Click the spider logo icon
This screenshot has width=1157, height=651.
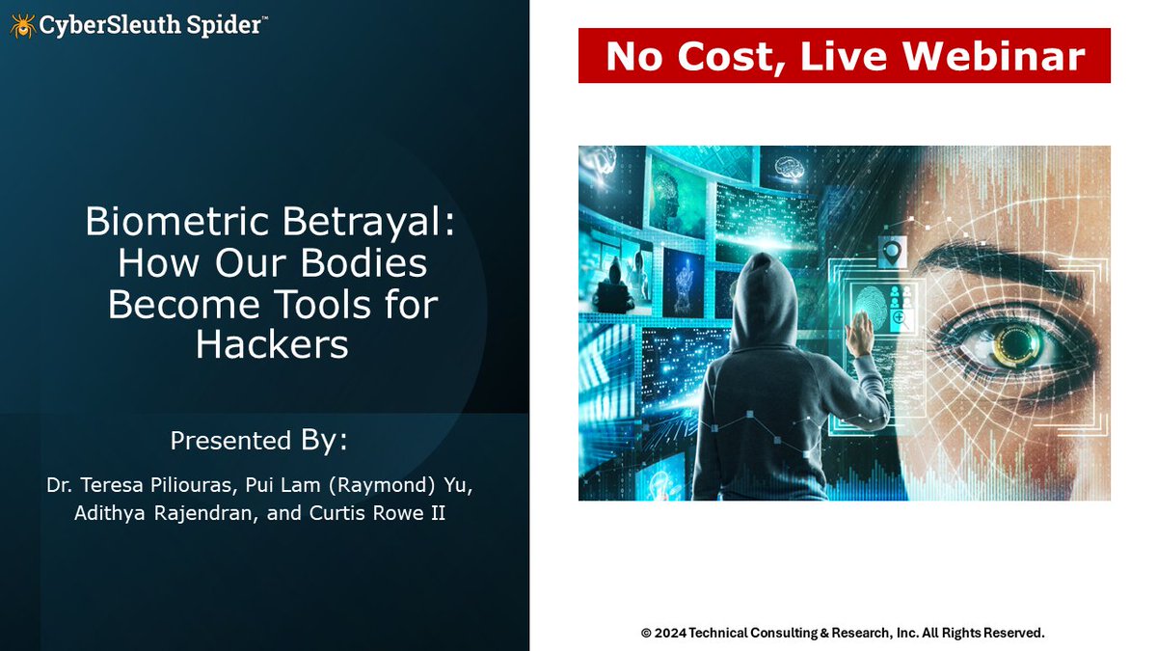click(x=22, y=25)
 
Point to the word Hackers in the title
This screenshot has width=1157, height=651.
click(x=272, y=344)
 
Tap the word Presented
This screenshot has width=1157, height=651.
click(x=230, y=441)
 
